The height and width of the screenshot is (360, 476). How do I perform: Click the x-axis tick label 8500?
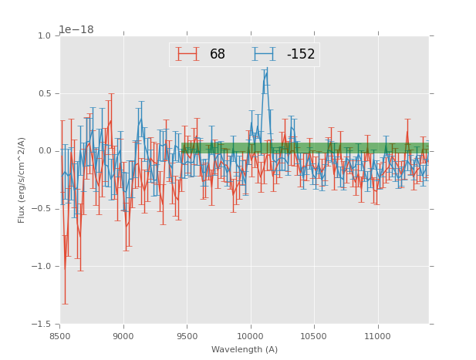pyautogui.click(x=60, y=336)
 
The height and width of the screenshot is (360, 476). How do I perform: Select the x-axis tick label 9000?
pyautogui.click(x=123, y=336)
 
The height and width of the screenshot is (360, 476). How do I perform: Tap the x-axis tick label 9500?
pyautogui.click(x=187, y=336)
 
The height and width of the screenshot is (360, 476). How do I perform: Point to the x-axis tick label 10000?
pyautogui.click(x=250, y=336)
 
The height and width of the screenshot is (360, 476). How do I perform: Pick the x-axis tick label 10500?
pyautogui.click(x=314, y=336)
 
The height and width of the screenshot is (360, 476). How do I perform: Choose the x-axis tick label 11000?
pyautogui.click(x=377, y=336)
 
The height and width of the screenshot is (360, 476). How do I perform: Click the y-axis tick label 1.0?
pyautogui.click(x=46, y=36)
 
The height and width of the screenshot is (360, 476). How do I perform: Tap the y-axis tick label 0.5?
pyautogui.click(x=46, y=94)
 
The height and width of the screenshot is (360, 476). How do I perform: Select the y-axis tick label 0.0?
pyautogui.click(x=46, y=151)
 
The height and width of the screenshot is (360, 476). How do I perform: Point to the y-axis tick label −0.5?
pyautogui.click(x=43, y=209)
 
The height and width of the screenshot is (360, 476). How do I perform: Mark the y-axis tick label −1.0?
pyautogui.click(x=43, y=267)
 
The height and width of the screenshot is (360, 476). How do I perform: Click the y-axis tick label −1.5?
pyautogui.click(x=43, y=325)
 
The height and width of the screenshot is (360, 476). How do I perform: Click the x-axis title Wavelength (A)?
pyautogui.click(x=245, y=349)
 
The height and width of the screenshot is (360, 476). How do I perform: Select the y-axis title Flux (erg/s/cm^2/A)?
pyautogui.click(x=22, y=180)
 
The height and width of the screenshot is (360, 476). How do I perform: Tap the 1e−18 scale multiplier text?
pyautogui.click(x=76, y=30)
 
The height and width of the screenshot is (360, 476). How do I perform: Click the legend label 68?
pyautogui.click(x=218, y=55)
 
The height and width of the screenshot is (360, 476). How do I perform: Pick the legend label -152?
pyautogui.click(x=301, y=55)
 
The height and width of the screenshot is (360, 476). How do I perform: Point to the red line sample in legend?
pyautogui.click(x=187, y=55)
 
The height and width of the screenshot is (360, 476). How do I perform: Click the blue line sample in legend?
pyautogui.click(x=264, y=55)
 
